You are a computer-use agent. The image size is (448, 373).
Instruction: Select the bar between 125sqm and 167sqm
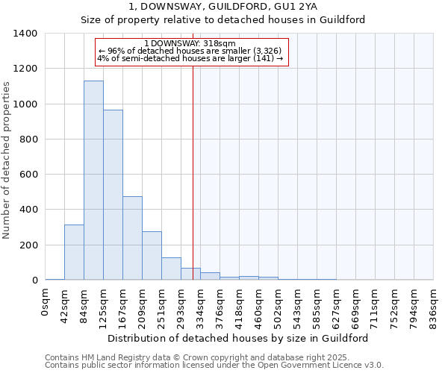[x=113, y=195]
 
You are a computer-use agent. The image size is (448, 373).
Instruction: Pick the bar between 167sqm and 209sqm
[x=132, y=238]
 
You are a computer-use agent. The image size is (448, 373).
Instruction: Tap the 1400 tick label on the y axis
[x=25, y=34]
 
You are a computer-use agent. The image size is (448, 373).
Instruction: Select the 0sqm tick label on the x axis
[x=46, y=301]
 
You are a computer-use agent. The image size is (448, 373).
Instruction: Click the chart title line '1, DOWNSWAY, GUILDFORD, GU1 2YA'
[x=223, y=6]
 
